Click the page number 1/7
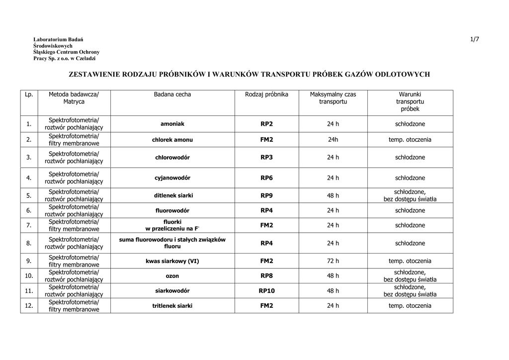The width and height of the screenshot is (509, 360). coord(474,39)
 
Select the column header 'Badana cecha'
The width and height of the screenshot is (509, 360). coord(172,94)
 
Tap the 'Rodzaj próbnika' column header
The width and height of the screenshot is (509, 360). coord(266,94)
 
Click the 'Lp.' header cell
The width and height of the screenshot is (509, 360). coord(29,94)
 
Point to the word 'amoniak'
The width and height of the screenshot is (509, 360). coord(172,124)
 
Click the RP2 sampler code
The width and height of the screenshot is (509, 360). coord(266,124)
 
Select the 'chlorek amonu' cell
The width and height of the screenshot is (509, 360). coord(172,140)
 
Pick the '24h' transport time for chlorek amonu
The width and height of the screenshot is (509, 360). coord(333,140)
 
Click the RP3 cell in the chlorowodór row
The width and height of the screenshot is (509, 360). coord(266,158)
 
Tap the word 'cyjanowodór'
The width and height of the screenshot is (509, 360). coord(172,178)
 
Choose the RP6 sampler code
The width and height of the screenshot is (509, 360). coord(266,178)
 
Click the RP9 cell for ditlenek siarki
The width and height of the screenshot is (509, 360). coord(266,195)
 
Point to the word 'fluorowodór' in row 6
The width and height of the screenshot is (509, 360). coord(172,210)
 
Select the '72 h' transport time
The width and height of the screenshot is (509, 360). coord(333,261)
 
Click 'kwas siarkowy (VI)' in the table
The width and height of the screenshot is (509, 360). coord(172,261)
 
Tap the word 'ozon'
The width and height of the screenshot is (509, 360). coord(172,276)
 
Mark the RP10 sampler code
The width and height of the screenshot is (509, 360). coord(266,291)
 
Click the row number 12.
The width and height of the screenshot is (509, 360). coord(29,306)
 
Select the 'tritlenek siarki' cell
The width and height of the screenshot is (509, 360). coord(172,306)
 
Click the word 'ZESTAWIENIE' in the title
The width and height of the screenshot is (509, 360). coord(97,74)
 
